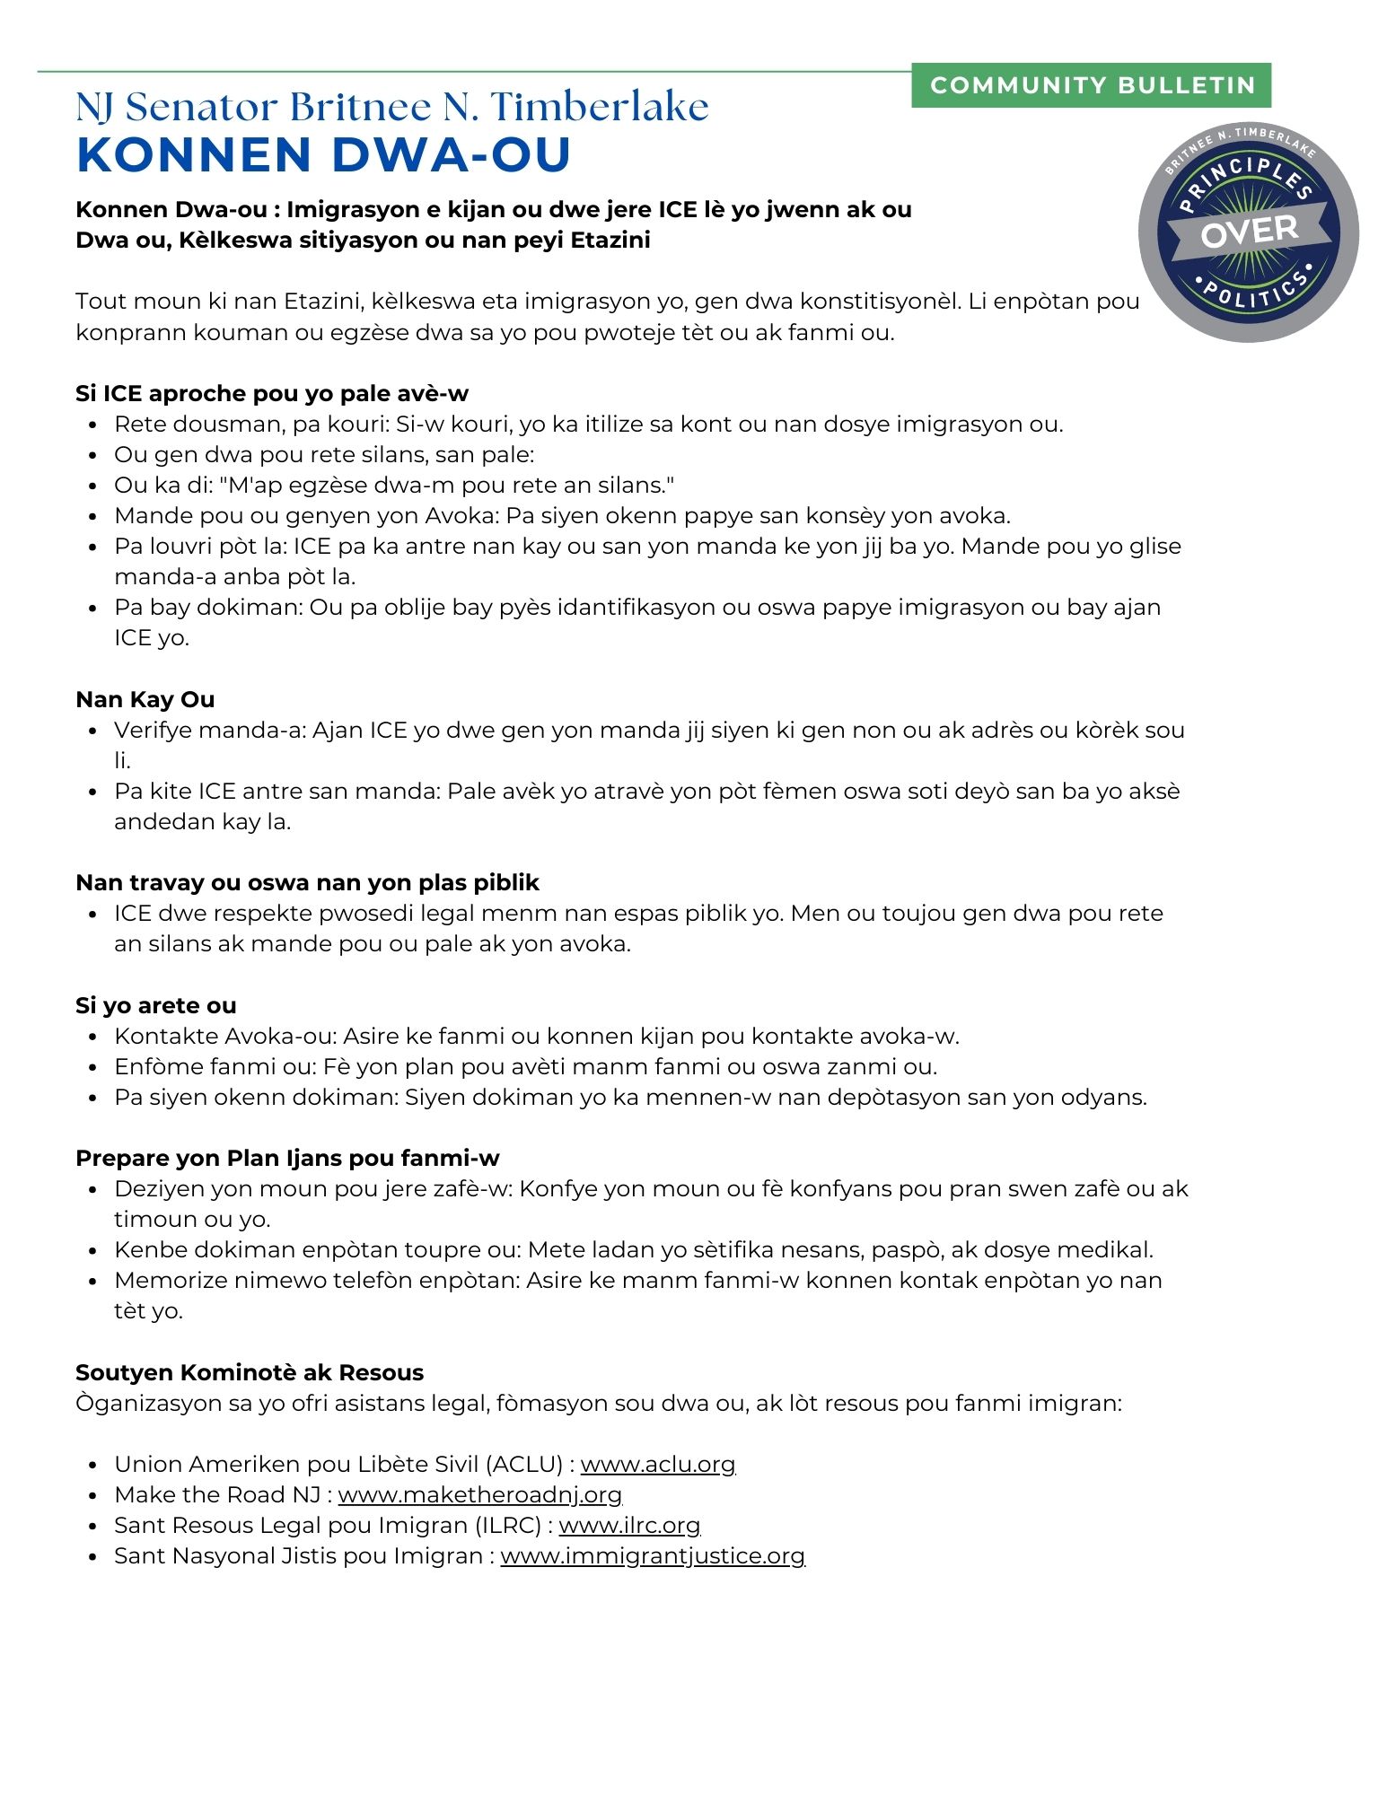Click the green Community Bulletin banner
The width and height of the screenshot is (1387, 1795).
(1091, 85)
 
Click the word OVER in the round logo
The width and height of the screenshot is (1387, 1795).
(1249, 232)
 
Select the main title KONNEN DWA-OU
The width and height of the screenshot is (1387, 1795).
(324, 154)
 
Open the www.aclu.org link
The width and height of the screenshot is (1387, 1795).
(657, 1465)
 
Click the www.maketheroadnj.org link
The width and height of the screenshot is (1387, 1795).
(480, 1495)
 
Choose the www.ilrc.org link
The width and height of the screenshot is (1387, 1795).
(629, 1526)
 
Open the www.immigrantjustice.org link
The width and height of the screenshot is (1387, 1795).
(653, 1556)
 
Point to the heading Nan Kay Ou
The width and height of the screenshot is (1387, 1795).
(145, 700)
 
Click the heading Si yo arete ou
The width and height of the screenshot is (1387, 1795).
(156, 1006)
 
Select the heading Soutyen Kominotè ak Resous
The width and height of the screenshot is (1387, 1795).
(250, 1373)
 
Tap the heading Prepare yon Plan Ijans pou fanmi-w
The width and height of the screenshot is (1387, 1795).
(287, 1159)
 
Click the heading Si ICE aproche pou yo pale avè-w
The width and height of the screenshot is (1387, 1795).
(272, 394)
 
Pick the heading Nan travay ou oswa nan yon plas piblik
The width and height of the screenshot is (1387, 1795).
(307, 883)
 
